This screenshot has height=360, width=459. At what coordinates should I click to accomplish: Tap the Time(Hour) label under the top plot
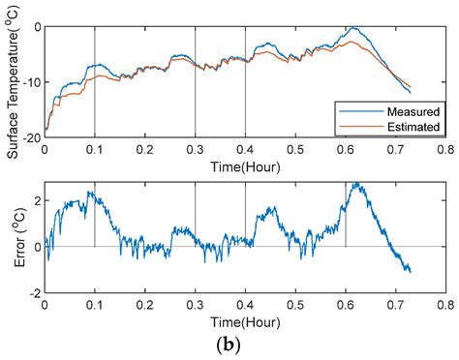(x=244, y=167)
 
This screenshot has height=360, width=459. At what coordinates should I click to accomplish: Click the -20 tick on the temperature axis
(x=32, y=138)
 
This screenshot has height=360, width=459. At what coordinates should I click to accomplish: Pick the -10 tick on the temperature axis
(x=32, y=82)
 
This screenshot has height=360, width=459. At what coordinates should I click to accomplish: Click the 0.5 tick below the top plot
(x=295, y=151)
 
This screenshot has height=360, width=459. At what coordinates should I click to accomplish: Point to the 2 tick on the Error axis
(x=36, y=200)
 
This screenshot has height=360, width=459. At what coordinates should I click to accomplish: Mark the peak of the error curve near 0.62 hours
(x=355, y=183)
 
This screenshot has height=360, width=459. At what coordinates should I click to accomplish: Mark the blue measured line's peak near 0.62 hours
(x=353, y=28)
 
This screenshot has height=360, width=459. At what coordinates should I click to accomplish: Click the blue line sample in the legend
(x=354, y=109)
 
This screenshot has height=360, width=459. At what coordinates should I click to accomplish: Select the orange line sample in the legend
(x=354, y=126)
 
